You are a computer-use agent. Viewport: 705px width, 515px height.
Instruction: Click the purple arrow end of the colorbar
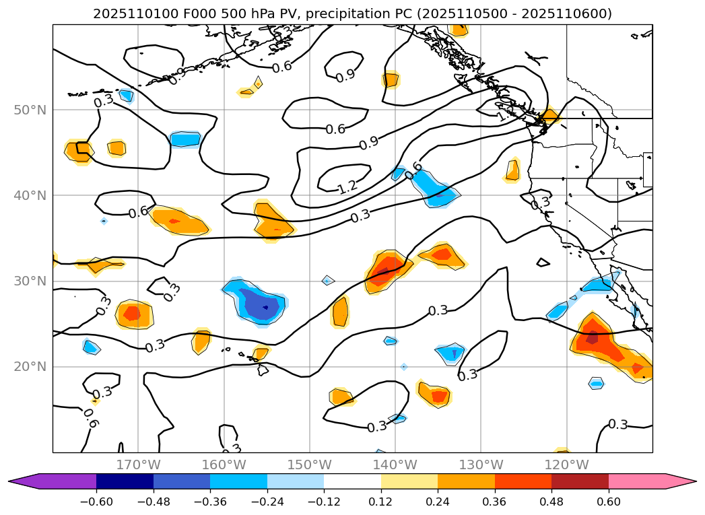27,481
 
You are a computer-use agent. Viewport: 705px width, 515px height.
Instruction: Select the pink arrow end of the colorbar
680,481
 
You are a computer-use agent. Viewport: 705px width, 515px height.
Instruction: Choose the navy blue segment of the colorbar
125,481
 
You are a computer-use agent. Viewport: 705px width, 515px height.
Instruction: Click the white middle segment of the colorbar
352,481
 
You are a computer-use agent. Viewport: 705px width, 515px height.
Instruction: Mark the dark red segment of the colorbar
580,481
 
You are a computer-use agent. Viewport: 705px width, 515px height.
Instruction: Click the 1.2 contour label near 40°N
347,186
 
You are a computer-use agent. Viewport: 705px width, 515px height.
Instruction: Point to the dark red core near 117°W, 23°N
592,338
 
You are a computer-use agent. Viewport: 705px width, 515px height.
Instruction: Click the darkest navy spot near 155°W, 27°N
265,308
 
